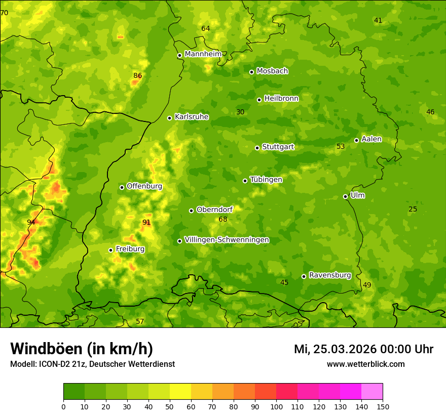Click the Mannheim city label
203,54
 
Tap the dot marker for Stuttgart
257,148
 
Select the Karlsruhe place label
191,117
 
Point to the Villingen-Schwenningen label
227,240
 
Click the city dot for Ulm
345,196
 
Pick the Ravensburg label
329,275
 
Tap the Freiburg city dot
110,250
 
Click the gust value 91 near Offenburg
146,222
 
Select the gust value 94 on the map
31,222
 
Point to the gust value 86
137,76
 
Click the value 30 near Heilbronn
240,112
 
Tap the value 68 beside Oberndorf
223,219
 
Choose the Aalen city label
371,139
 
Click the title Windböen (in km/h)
82,349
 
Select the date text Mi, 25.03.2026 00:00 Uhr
363,349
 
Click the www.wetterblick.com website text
365,364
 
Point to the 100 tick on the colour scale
276,406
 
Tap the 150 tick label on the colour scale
383,406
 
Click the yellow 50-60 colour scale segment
180,392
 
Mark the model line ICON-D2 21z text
92,364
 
